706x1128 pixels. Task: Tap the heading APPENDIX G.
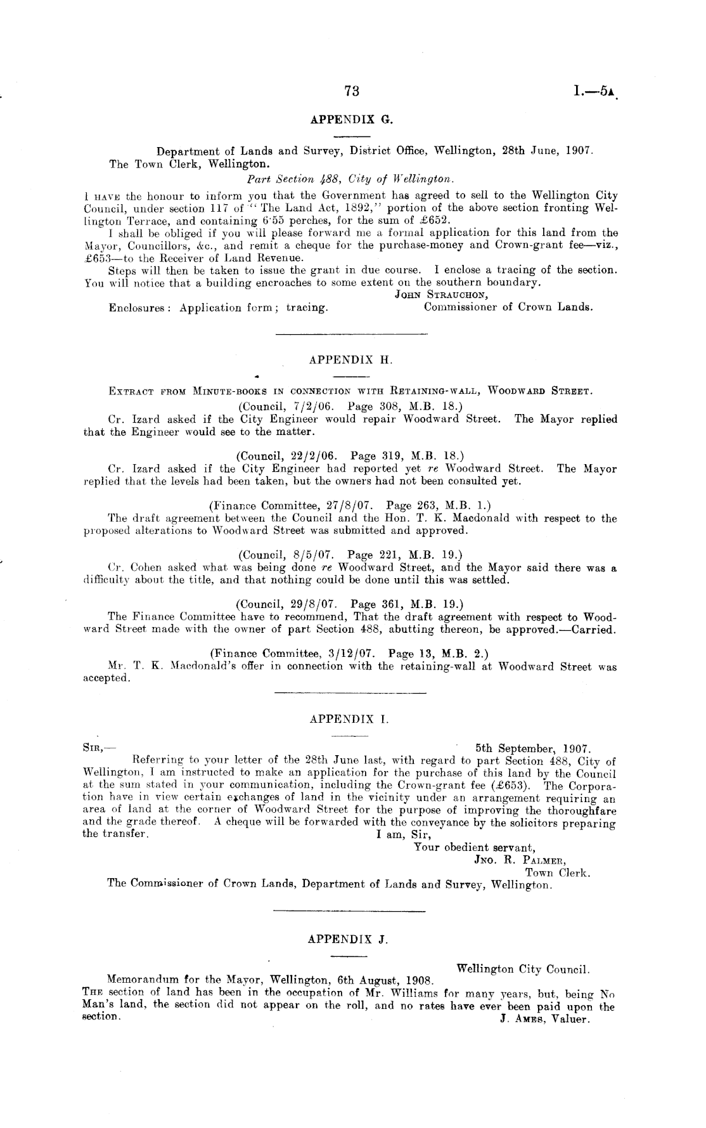tap(352, 119)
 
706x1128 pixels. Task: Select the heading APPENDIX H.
tap(351, 360)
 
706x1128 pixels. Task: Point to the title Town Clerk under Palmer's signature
tap(558, 873)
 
